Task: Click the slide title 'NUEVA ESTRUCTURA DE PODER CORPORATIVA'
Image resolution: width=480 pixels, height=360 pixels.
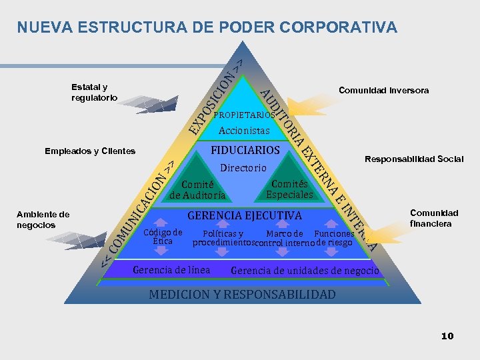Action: (x=207, y=27)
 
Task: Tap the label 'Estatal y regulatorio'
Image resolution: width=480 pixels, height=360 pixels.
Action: (x=94, y=92)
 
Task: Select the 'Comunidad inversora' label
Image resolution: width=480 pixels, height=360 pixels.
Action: (x=383, y=90)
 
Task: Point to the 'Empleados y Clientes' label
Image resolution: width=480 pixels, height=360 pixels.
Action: (x=90, y=151)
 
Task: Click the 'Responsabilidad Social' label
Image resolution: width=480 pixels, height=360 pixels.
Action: (x=413, y=159)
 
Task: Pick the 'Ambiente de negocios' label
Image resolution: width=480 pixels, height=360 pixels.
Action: (x=43, y=219)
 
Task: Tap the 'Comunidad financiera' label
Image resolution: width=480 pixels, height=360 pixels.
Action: (x=434, y=218)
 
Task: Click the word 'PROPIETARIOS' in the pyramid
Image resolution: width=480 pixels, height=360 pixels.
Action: (x=244, y=115)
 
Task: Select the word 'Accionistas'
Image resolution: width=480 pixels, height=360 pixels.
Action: (x=244, y=131)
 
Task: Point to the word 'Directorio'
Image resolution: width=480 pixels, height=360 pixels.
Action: (x=243, y=168)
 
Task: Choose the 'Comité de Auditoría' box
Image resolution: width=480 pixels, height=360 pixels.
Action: (x=197, y=190)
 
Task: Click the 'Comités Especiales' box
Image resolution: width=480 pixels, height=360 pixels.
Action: (x=289, y=189)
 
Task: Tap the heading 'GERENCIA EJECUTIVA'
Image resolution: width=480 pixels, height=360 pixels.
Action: (x=245, y=215)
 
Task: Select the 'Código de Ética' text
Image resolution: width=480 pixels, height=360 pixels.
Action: (x=163, y=237)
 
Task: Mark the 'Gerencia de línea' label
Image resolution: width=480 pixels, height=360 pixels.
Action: (x=171, y=270)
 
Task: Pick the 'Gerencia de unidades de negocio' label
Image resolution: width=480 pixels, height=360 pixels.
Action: (x=305, y=271)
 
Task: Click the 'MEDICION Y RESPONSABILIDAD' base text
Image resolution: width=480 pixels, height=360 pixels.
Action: (x=243, y=294)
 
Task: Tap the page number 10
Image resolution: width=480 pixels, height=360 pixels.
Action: (x=447, y=336)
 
